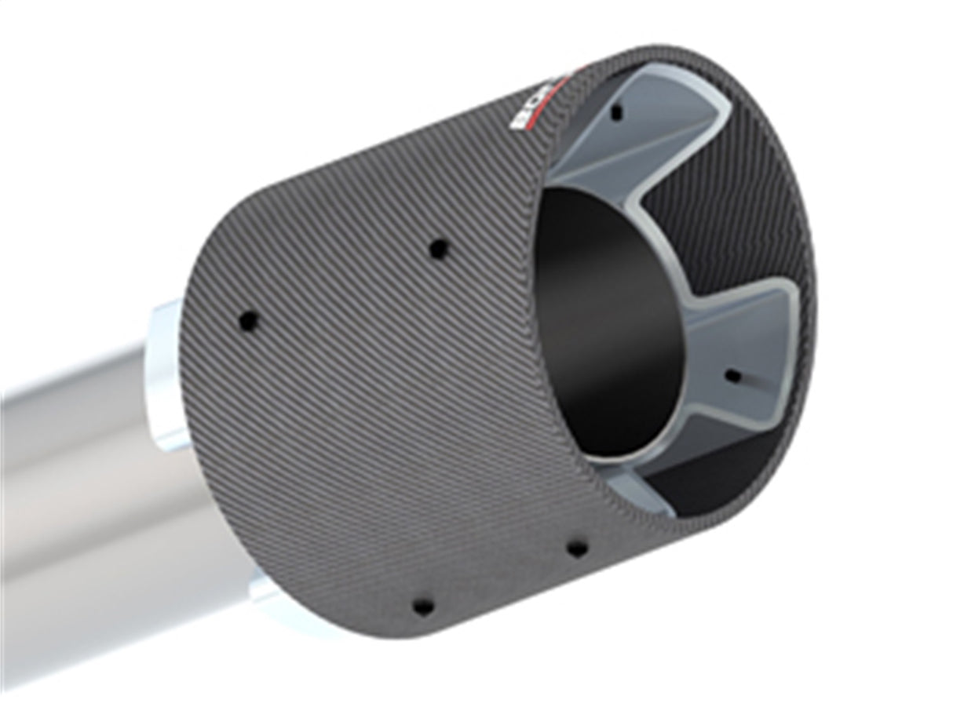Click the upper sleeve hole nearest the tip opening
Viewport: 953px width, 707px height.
(439, 250)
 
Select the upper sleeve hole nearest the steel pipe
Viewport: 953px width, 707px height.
(249, 320)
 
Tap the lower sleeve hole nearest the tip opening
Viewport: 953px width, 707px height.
(577, 548)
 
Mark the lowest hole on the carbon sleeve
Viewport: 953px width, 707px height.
(423, 606)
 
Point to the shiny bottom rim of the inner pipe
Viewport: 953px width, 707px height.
(620, 463)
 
